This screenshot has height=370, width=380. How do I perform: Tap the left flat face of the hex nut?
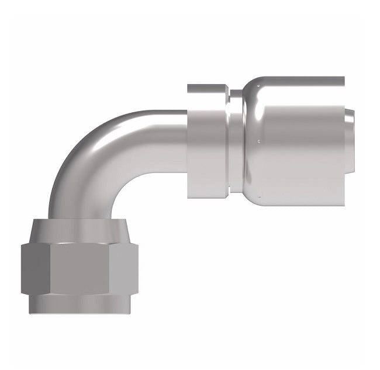click(x=36, y=269)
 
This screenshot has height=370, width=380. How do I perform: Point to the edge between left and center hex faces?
click(x=50, y=269)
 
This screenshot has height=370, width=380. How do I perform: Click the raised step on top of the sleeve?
click(x=208, y=88)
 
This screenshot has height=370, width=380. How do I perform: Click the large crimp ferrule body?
click(x=298, y=152)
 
